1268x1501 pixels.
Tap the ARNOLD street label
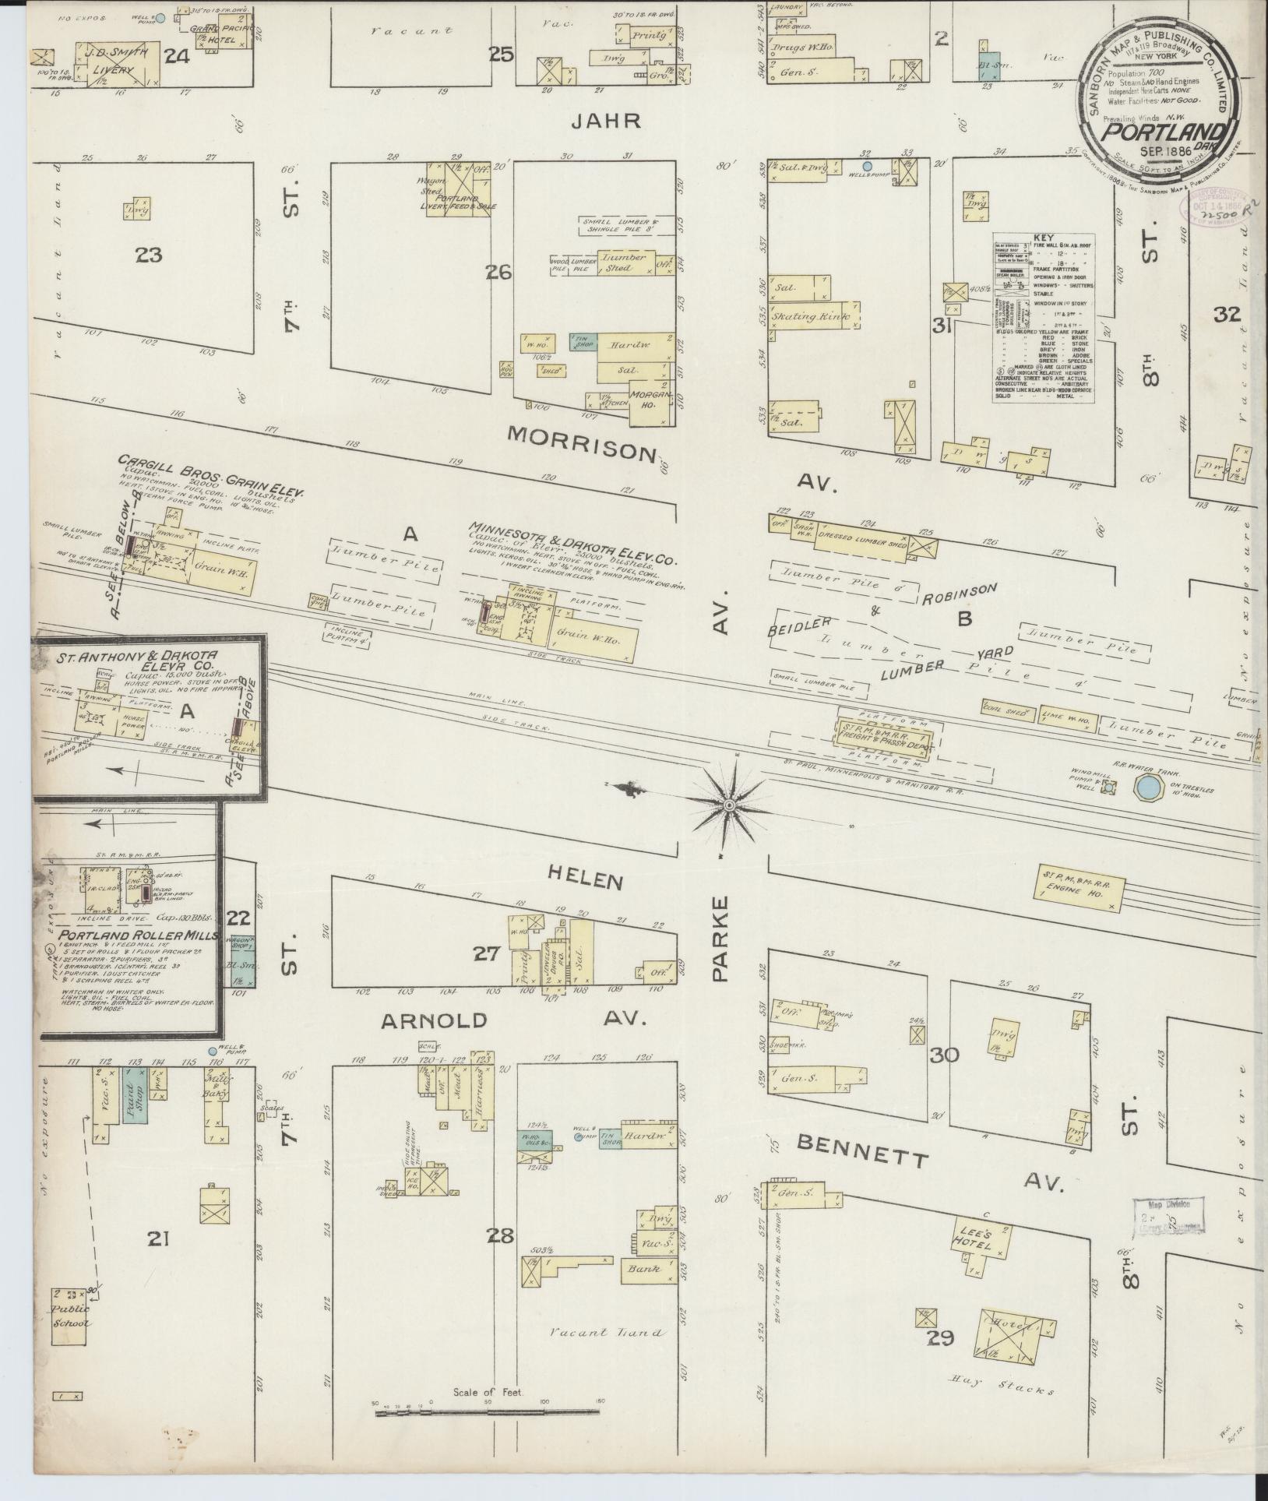(x=433, y=1020)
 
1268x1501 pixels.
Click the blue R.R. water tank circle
(x=1146, y=787)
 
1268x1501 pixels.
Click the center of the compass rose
(x=729, y=804)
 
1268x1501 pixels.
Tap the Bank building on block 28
(x=645, y=1269)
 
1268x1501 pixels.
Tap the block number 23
(x=147, y=254)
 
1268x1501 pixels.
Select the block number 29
(x=941, y=1339)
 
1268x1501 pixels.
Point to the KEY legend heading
(x=1043, y=237)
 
